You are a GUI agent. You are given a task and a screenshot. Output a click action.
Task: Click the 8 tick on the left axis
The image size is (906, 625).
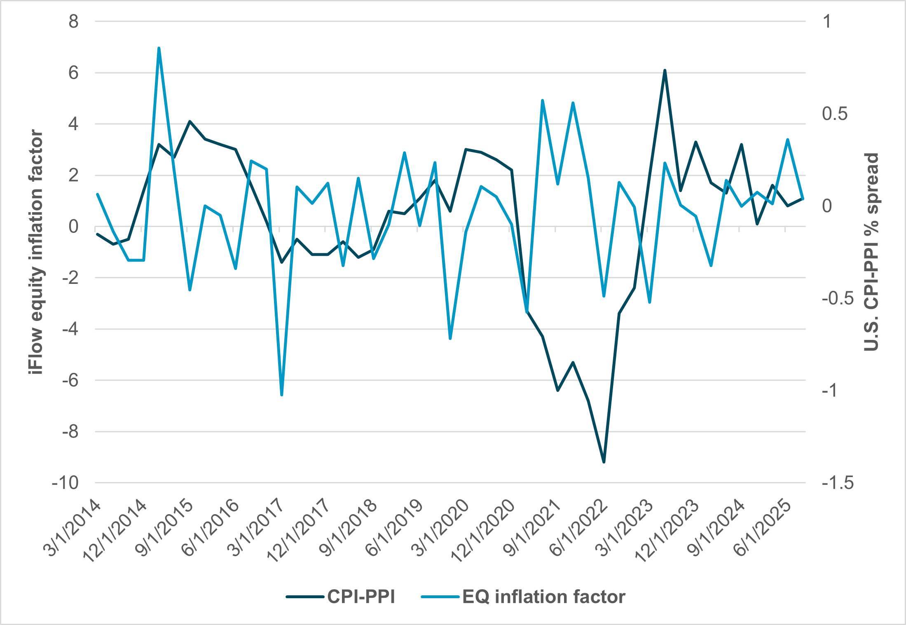coord(73,21)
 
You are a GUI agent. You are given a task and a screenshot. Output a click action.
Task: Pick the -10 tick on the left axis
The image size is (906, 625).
coord(66,483)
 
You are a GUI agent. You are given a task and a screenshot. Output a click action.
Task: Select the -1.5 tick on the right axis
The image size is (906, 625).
coord(838,483)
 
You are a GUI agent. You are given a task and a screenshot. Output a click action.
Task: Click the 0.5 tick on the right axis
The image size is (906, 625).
coord(834,114)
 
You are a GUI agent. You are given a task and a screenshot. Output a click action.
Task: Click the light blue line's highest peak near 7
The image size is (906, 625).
coord(159,48)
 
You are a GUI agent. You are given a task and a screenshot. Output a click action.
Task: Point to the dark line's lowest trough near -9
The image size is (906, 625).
coord(604,462)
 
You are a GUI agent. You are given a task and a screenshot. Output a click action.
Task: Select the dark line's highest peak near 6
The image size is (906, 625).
coord(665,70)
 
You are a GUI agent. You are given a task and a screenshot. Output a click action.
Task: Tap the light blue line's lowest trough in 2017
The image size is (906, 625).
coord(281,395)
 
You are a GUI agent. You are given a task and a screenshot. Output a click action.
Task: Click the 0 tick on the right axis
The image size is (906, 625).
coord(827,206)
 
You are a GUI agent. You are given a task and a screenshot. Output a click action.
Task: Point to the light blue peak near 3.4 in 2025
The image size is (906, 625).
coord(787,139)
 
